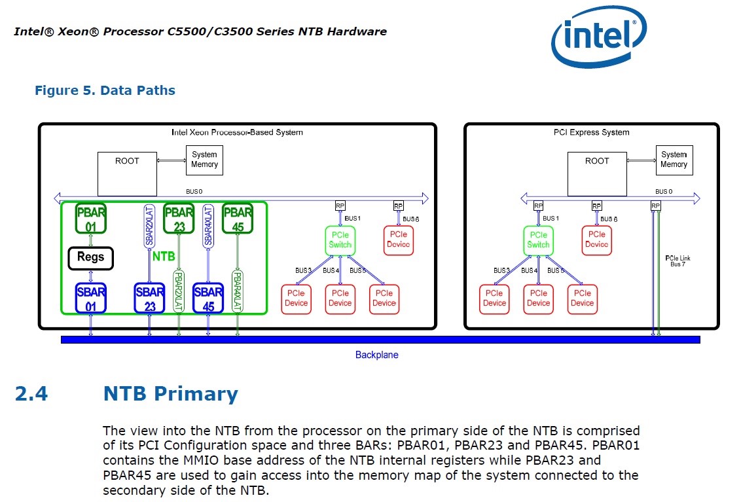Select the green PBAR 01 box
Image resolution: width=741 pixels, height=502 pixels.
90,219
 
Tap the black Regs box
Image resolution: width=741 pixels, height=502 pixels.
90,257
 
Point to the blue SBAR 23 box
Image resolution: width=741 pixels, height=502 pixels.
150,298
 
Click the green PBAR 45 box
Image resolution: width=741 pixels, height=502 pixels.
238,219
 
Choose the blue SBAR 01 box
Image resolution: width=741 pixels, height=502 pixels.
90,298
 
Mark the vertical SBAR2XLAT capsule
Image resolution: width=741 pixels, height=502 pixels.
149,226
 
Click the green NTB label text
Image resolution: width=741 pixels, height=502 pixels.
164,257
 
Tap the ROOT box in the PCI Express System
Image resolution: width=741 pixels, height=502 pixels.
597,173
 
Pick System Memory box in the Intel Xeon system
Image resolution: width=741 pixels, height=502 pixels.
204,160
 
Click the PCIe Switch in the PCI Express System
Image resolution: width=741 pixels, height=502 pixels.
538,240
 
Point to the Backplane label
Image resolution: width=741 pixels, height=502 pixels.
376,355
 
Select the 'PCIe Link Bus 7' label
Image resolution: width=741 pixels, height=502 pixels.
677,261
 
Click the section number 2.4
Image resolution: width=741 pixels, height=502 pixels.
31,394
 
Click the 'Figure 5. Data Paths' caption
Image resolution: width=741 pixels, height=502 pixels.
105,90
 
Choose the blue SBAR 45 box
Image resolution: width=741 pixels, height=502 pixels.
209,298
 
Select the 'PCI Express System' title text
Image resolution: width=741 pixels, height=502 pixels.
591,132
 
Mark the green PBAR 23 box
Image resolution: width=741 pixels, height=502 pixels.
179,219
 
